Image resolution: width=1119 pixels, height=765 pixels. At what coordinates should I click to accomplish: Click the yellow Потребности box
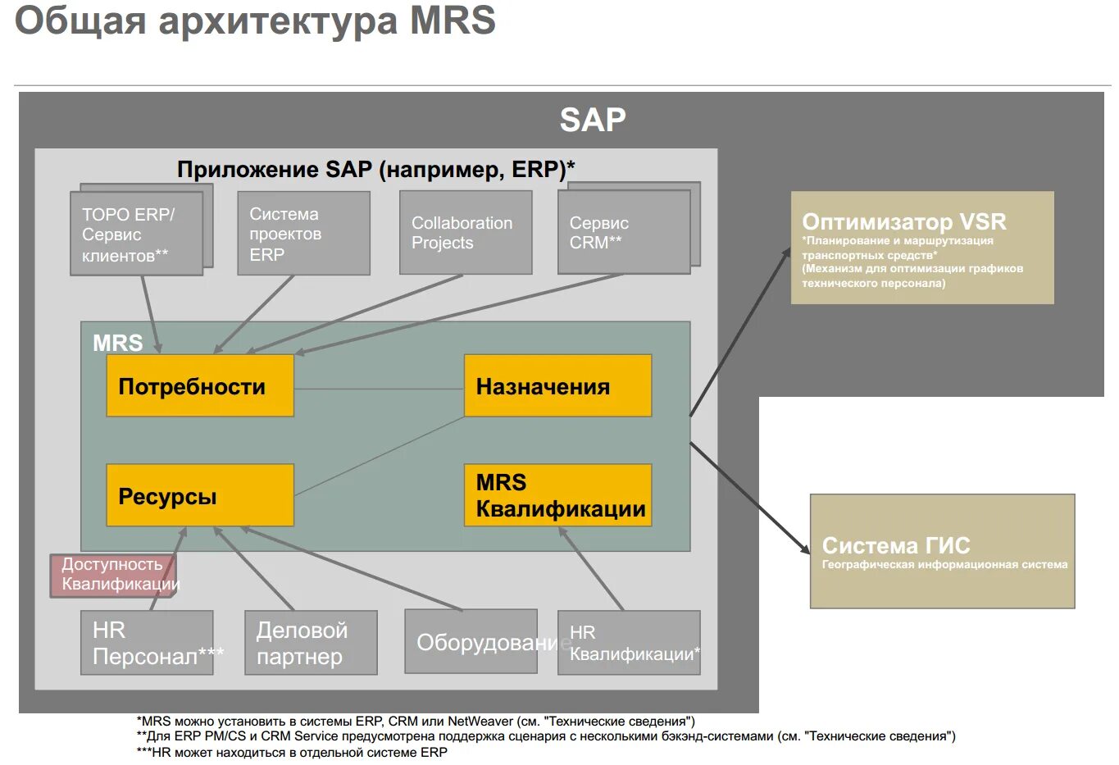coord(199,385)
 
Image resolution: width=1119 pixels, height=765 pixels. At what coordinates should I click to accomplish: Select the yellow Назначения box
coord(557,385)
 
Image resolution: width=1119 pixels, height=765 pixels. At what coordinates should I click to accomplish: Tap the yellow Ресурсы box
coord(199,495)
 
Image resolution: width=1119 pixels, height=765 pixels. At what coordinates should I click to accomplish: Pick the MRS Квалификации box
coord(557,495)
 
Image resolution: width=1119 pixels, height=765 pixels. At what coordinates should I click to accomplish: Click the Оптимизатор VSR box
coord(921,248)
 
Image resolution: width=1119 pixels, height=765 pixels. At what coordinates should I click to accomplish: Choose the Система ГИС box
coord(942,551)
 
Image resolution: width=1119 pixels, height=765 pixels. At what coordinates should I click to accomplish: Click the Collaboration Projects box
coord(466,233)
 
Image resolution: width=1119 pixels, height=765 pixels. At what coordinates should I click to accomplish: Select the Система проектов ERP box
coord(303,234)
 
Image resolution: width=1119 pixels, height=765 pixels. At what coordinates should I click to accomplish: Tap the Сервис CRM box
coord(624,233)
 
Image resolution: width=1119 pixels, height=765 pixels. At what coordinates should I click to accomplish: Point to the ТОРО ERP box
coord(136,234)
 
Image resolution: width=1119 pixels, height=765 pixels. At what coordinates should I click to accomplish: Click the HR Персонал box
coord(147,643)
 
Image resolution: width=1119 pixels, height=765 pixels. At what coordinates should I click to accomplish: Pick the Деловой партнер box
coord(311,643)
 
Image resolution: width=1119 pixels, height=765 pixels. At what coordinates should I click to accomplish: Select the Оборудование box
coord(471,642)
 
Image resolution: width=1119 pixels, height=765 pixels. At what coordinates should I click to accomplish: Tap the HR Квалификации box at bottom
coord(629,643)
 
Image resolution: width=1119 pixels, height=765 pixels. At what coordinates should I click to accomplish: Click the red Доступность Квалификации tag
coord(113,575)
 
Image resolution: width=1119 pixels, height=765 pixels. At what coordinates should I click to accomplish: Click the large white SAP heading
coord(593,121)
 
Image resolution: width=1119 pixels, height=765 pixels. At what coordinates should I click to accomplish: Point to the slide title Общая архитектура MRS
coord(255,20)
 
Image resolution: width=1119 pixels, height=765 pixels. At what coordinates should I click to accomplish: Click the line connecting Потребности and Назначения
coord(379,389)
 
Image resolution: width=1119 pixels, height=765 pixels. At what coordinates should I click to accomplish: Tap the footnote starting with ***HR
coord(292,752)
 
